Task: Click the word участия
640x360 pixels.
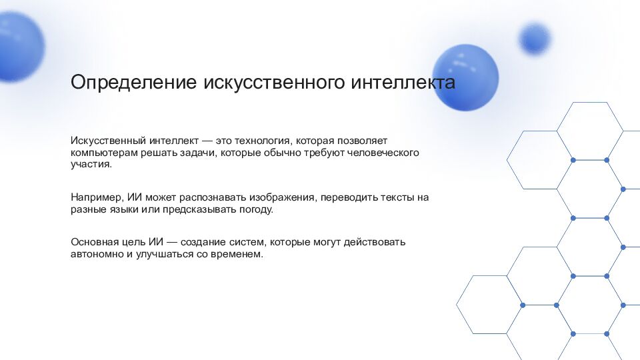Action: click(91, 164)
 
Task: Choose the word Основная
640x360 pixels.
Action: click(94, 242)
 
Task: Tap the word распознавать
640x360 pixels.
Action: click(214, 198)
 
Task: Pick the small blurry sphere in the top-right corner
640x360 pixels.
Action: click(535, 38)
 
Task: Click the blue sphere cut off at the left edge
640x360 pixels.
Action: click(19, 47)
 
